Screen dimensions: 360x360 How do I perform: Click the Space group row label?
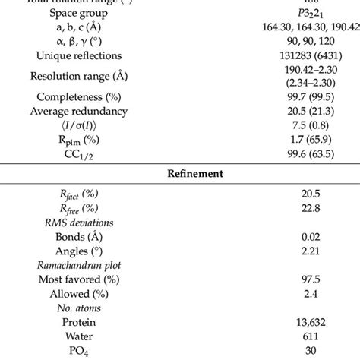click(84, 13)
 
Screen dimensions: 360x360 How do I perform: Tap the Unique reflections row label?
click(84, 55)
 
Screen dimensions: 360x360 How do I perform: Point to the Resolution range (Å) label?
click(84, 77)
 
